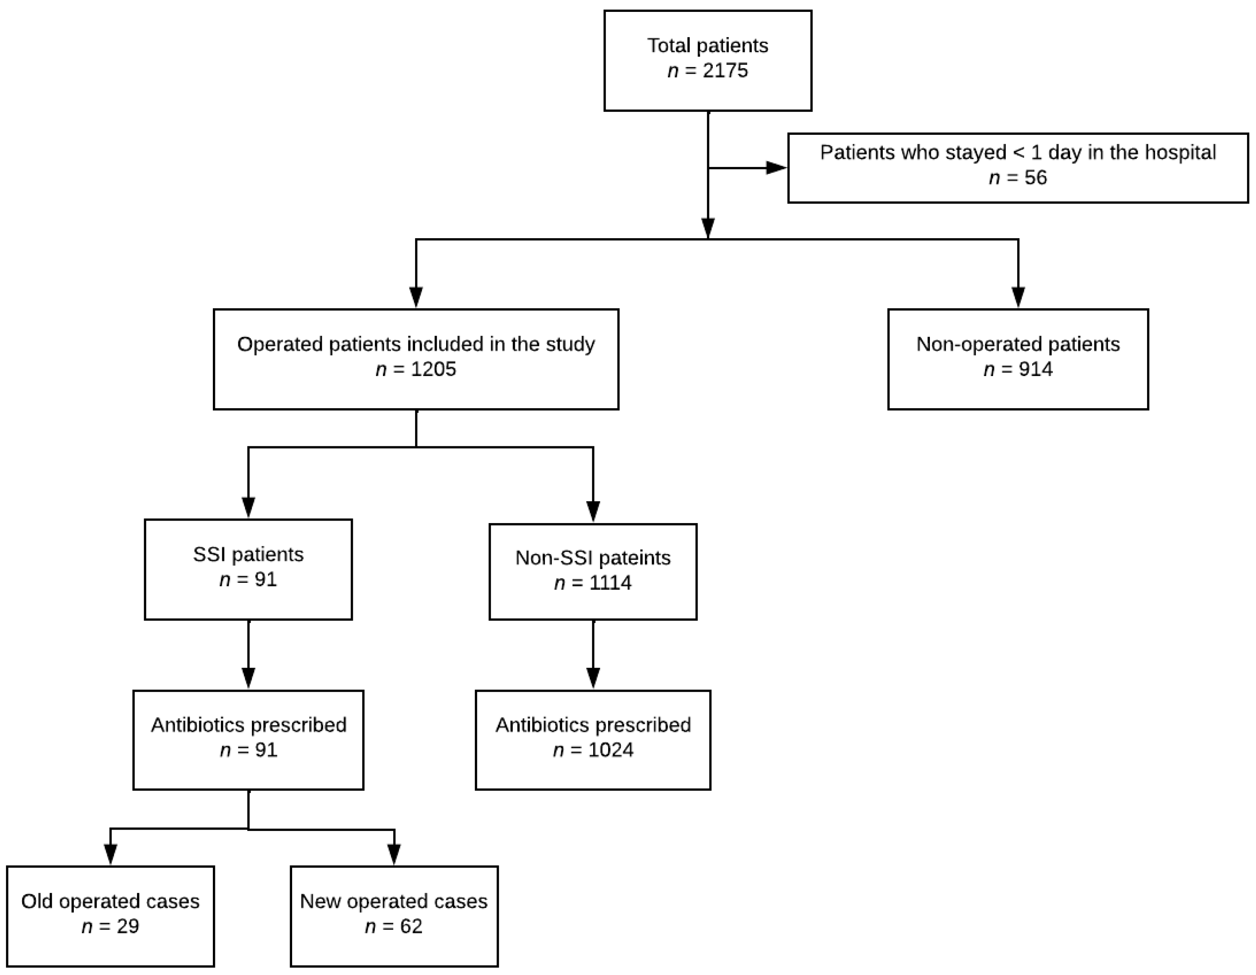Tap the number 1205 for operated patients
[434, 369]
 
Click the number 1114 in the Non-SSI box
[610, 583]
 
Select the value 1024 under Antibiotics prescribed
[610, 750]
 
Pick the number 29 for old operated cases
[128, 926]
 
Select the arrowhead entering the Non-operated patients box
[1018, 298]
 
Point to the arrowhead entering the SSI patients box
[248, 507]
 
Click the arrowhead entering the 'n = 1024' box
[593, 678]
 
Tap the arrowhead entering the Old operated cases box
[110, 854]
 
